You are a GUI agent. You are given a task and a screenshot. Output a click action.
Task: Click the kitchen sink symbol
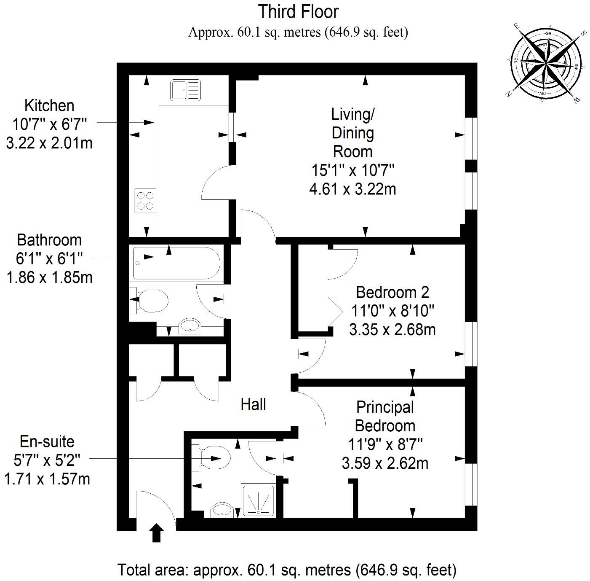(x=186, y=90)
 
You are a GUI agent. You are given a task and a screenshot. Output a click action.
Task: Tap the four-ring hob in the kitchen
(x=145, y=200)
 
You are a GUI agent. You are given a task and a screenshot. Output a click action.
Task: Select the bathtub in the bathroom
(x=176, y=264)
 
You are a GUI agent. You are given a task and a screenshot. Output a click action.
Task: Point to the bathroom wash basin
(x=190, y=326)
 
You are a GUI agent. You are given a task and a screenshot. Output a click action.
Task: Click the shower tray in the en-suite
(x=258, y=500)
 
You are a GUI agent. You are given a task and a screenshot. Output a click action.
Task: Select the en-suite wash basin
(x=223, y=510)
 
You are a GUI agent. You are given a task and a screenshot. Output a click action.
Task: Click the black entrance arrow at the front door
(x=157, y=533)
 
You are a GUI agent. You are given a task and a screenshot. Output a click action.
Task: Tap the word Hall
(x=253, y=404)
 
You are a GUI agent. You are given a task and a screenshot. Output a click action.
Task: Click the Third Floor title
(x=298, y=11)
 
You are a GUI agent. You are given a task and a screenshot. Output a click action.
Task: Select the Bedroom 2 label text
(x=392, y=292)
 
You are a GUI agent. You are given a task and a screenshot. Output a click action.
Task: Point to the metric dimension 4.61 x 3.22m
(x=353, y=189)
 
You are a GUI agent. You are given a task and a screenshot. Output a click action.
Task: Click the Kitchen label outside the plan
(x=49, y=105)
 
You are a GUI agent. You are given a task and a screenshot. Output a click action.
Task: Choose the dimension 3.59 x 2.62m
(x=385, y=463)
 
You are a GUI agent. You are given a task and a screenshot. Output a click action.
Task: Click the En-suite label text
(x=47, y=441)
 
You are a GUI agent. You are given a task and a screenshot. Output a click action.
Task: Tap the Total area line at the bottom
(x=287, y=570)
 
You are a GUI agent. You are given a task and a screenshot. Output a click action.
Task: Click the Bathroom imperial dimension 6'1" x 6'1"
(x=49, y=258)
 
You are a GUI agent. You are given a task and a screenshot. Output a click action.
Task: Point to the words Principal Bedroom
(x=385, y=416)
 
